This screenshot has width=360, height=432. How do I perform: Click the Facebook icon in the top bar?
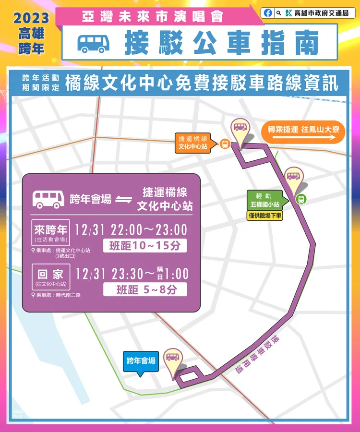pos(268,13)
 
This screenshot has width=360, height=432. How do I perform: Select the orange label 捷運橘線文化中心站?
pos(193,143)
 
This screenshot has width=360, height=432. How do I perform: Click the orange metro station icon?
pos(224,144)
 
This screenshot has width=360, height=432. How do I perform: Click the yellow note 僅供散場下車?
pos(265,216)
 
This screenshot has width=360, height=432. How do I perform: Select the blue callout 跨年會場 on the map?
pos(141,361)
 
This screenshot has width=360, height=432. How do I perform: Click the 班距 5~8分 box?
pos(145,289)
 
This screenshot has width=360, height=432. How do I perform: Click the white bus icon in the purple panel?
pos(48,199)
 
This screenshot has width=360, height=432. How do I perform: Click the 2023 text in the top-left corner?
pos(31,18)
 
